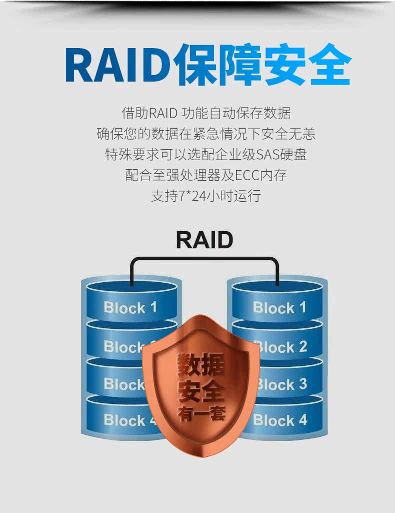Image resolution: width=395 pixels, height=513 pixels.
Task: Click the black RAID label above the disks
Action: point(204,240)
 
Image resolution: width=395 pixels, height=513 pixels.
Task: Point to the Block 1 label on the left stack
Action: point(130,307)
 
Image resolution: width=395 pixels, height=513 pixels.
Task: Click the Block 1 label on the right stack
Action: point(279,307)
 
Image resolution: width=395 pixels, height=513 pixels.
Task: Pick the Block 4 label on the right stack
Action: point(280,420)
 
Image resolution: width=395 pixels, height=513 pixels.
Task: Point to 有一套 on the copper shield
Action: point(201,413)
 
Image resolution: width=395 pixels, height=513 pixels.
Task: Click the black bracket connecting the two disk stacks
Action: point(204,259)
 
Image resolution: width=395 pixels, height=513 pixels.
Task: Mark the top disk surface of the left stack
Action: point(131,288)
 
